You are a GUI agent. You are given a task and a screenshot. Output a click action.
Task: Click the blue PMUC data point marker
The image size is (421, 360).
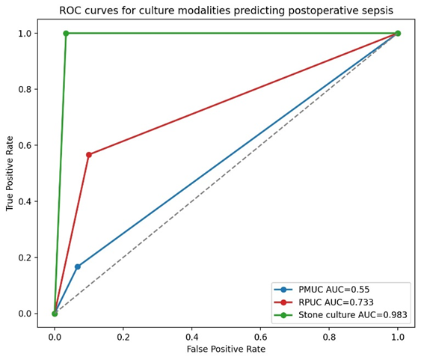[78, 266]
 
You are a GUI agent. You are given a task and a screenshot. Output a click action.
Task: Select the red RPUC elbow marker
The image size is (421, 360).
[89, 155]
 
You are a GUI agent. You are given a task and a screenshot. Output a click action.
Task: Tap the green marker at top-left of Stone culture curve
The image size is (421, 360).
[66, 34]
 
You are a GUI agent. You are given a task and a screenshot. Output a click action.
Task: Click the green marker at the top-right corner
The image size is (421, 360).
[398, 34]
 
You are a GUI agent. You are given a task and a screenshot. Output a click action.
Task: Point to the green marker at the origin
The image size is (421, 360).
[55, 314]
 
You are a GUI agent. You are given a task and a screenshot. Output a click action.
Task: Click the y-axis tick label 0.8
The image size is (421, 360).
[25, 90]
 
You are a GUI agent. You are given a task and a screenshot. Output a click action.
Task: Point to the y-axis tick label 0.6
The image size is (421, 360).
[25, 145]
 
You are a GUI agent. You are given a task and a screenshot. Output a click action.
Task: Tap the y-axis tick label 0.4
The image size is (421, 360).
[25, 201]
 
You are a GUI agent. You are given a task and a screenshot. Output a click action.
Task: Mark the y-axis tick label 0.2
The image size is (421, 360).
[25, 257]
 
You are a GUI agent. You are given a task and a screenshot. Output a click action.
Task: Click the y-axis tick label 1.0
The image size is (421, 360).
[25, 34]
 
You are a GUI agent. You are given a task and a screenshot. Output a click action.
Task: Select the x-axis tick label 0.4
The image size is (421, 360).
[191, 337]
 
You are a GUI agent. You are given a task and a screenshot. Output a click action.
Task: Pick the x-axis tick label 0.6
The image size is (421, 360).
[260, 337]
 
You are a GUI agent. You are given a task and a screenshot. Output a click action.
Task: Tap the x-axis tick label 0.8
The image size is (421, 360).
[329, 337]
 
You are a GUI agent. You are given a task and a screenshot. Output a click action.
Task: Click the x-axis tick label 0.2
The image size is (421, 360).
[123, 337]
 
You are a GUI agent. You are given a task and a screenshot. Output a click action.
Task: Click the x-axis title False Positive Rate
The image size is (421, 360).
[226, 350]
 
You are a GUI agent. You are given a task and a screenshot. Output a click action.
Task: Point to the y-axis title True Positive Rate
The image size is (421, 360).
[10, 174]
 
